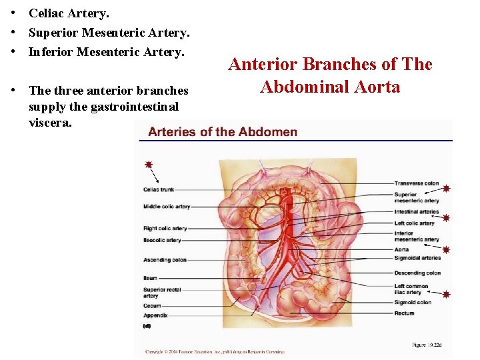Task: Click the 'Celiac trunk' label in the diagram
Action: [x=159, y=190]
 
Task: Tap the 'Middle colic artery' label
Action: [x=167, y=207]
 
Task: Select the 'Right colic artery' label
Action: [x=165, y=229]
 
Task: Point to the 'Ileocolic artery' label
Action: [x=162, y=240]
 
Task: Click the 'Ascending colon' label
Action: [x=165, y=260]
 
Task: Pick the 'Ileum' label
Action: [x=150, y=278]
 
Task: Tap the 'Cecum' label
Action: [x=152, y=306]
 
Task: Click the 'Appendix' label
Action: [x=155, y=315]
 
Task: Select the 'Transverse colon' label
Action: [x=417, y=183]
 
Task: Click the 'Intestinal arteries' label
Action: [x=417, y=212]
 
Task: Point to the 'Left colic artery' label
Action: [x=415, y=223]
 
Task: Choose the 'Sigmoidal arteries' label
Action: [x=417, y=258]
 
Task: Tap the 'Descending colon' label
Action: [x=418, y=273]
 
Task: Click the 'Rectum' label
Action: [x=404, y=313]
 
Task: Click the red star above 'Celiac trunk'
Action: [x=148, y=164]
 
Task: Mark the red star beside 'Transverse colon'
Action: [x=446, y=189]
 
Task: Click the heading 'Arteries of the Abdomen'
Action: [x=223, y=131]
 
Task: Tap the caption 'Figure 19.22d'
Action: [x=427, y=345]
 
